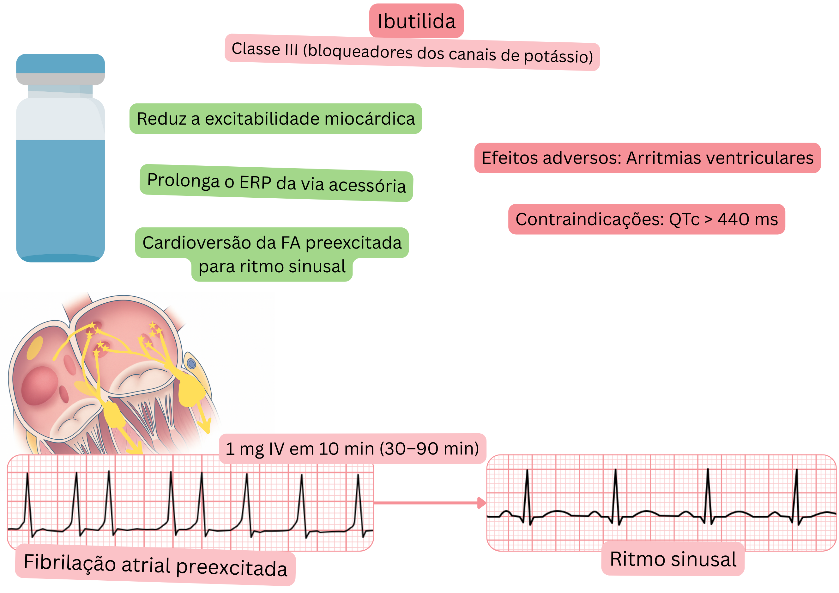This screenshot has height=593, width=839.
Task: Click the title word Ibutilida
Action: [416, 21]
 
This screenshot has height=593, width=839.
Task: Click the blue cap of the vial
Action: [60, 63]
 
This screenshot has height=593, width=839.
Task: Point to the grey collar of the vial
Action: [60, 79]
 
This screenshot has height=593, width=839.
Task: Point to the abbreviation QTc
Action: [684, 219]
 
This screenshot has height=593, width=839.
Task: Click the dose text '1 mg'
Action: [244, 449]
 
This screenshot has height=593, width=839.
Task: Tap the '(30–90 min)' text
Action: [429, 449]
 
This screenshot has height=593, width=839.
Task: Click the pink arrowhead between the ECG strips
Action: [482, 503]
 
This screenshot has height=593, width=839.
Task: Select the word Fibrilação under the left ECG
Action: [70, 562]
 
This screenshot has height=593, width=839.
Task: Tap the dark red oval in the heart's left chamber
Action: [39, 386]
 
